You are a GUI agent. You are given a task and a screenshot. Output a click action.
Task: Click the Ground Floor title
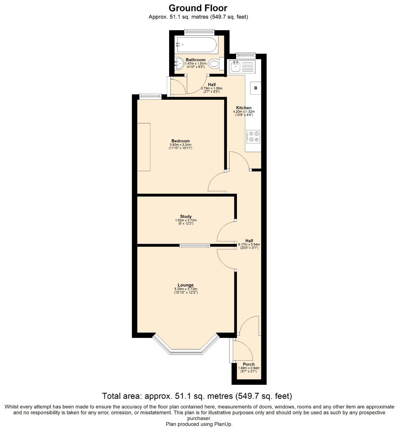(x=198, y=8)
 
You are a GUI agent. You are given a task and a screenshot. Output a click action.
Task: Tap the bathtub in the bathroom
(x=196, y=45)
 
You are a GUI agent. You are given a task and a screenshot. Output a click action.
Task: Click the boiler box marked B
(x=255, y=88)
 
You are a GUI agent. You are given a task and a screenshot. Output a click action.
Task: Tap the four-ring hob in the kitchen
(x=253, y=136)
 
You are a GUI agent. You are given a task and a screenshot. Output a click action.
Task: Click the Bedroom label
(x=180, y=141)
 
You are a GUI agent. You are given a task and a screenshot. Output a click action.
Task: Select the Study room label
(x=186, y=216)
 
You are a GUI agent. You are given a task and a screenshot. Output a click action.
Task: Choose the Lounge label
(x=186, y=285)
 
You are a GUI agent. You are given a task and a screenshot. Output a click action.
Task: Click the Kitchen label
(x=244, y=108)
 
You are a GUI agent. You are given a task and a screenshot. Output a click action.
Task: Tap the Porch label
(x=248, y=364)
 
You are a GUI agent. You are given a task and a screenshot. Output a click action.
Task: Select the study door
(x=225, y=232)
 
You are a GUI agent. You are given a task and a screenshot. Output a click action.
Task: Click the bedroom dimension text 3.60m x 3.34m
(x=180, y=145)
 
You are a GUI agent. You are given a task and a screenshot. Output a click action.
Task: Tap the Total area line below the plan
(x=197, y=396)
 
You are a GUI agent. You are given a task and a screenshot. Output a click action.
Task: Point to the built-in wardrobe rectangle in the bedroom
(x=144, y=147)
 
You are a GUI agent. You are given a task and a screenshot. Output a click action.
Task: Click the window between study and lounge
(x=195, y=246)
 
